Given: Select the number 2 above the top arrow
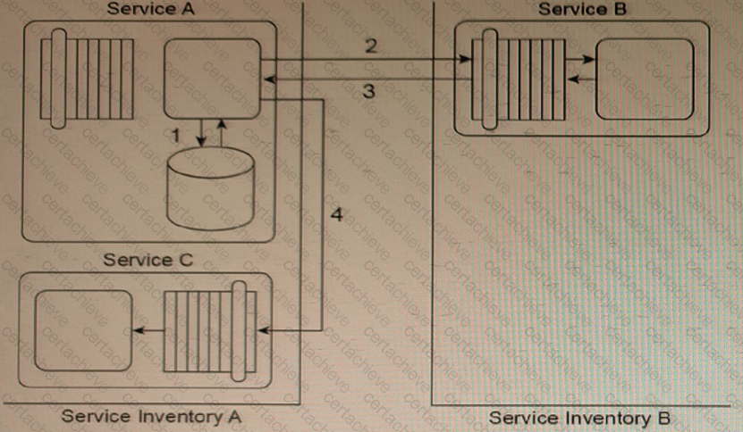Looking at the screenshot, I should point(370,46).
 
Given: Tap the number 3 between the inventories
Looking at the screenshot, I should point(367,90).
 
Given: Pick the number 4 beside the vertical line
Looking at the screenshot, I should point(336,214).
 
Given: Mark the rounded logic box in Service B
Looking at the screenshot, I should point(644,78).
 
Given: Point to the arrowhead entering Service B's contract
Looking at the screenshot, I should point(467,60).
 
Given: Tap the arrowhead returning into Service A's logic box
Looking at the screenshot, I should point(267,80).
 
